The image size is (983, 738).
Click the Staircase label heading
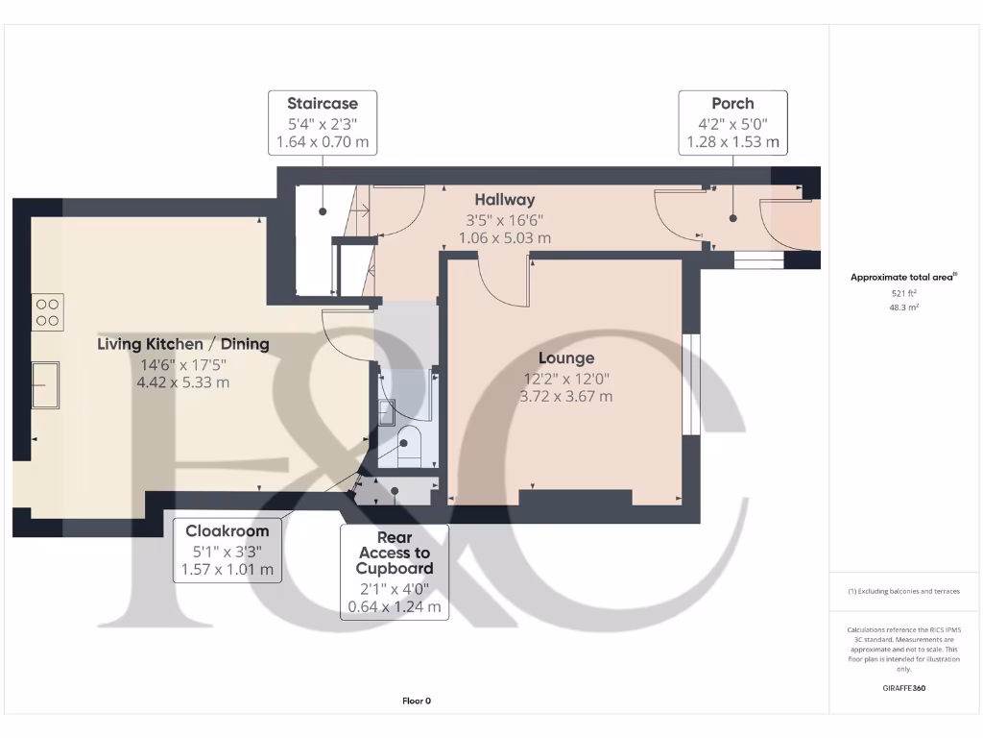tap(323, 104)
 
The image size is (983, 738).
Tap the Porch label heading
tap(732, 104)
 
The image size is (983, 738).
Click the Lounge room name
tap(565, 358)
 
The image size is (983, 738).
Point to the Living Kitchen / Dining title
tap(183, 344)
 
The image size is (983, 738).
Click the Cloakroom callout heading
tap(227, 530)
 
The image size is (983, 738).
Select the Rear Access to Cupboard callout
tap(394, 553)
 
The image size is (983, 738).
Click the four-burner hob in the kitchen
tap(48, 312)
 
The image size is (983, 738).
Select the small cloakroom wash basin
tap(387, 411)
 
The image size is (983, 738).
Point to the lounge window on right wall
tap(689, 384)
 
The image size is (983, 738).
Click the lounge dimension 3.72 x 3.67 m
tap(565, 396)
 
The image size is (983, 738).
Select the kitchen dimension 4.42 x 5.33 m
tap(183, 382)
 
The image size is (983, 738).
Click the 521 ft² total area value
tap(903, 293)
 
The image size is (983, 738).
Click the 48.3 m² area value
tap(903, 308)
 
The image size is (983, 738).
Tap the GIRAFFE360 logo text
tap(903, 688)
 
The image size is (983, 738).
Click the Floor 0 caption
tap(417, 701)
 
